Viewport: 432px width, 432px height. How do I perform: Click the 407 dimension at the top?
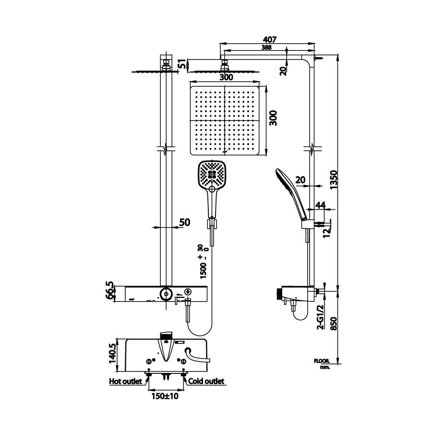(269, 39)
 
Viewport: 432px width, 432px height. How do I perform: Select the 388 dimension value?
(267, 48)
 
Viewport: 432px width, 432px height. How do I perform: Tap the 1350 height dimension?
(334, 180)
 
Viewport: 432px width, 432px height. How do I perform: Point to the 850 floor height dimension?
(334, 324)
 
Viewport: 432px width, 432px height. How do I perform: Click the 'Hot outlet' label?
(126, 381)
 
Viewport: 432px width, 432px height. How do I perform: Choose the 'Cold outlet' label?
(206, 381)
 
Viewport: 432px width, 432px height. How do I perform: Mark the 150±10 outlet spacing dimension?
(165, 396)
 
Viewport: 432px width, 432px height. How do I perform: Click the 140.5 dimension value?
(112, 353)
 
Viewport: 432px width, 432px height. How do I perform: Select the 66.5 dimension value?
(109, 290)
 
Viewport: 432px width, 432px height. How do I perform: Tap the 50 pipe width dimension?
(185, 222)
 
